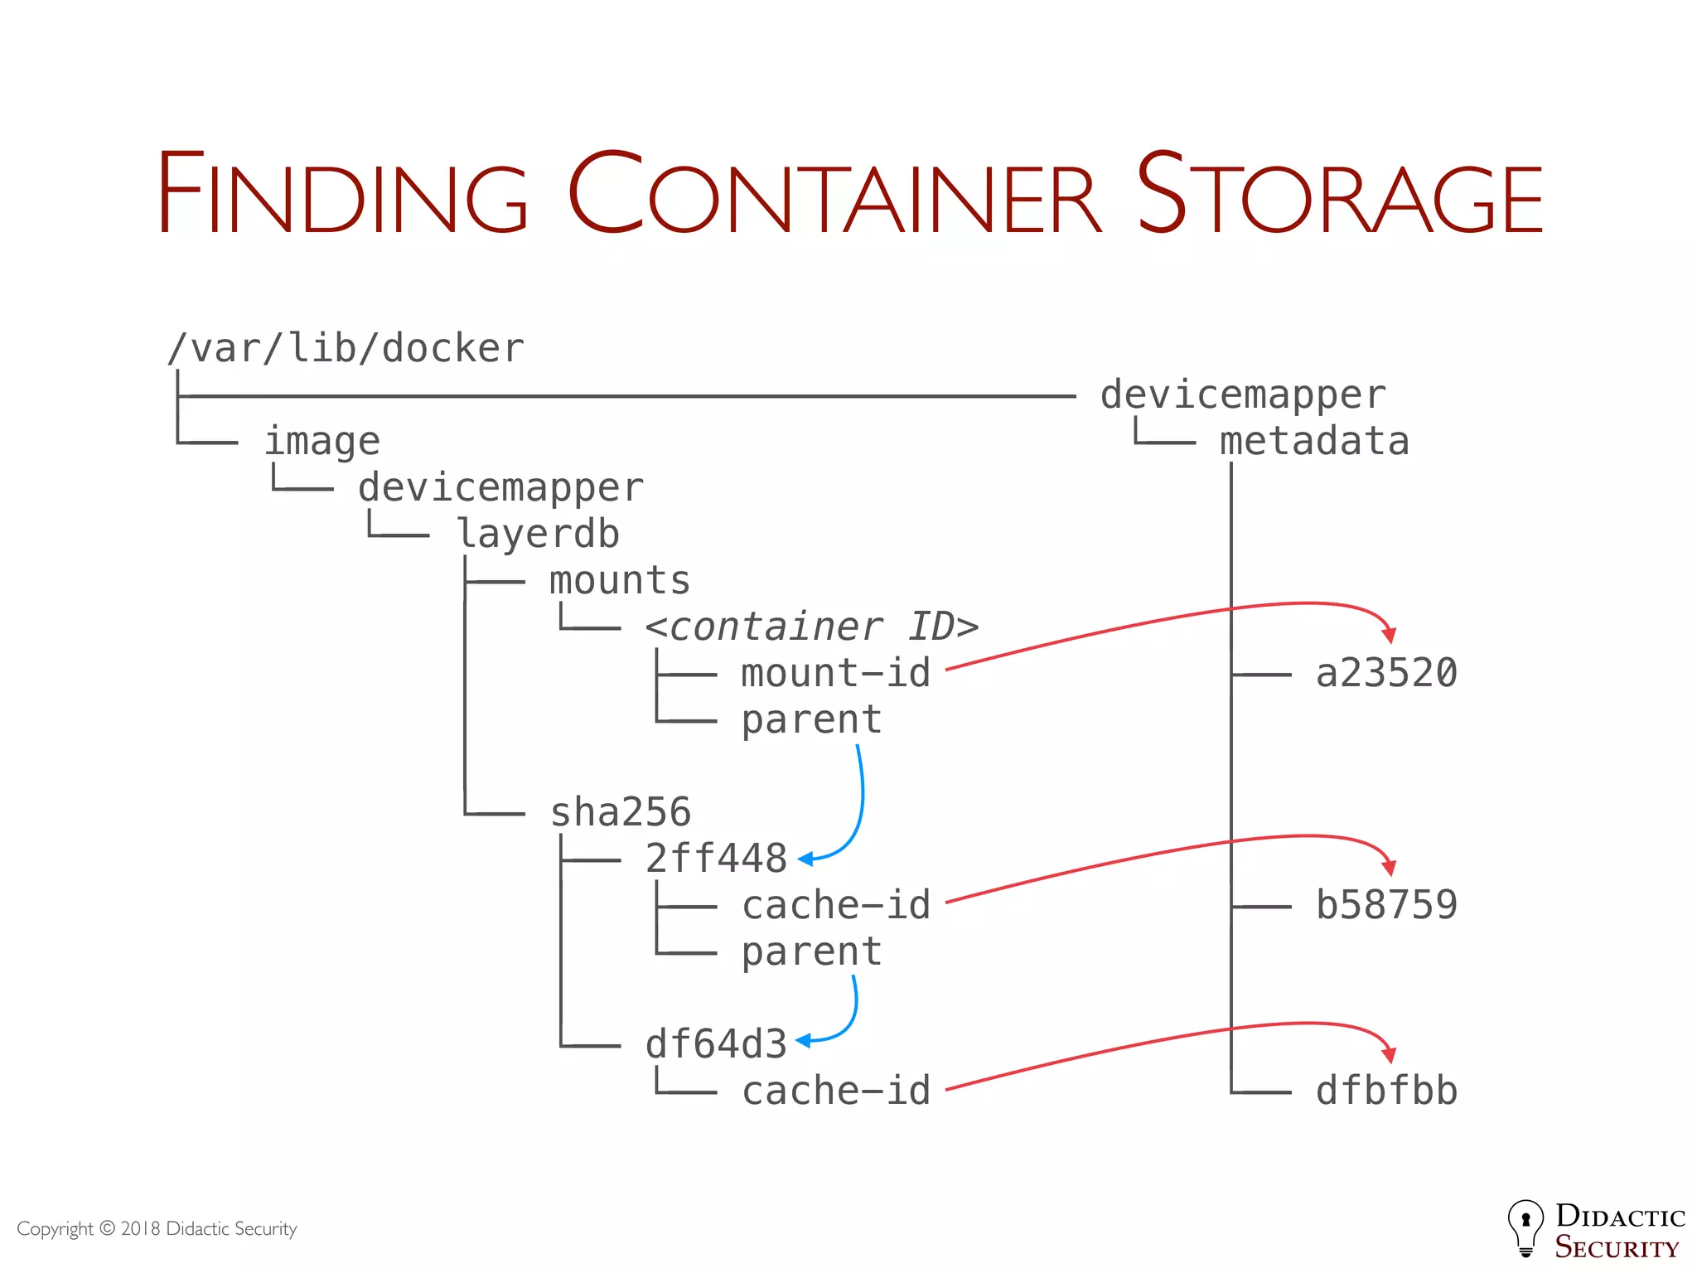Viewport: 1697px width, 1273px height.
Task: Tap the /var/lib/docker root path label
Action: point(346,349)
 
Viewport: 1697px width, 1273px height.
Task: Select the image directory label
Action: point(322,442)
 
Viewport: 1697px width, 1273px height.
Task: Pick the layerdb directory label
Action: point(539,534)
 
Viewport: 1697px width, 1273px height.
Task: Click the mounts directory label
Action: point(620,580)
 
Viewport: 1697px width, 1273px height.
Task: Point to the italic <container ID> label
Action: point(812,627)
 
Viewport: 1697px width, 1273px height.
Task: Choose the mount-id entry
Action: point(836,673)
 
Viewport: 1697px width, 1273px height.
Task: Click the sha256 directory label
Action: point(621,812)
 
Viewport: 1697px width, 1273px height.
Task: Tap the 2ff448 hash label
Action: point(716,859)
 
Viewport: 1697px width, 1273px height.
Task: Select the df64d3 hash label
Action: point(716,1044)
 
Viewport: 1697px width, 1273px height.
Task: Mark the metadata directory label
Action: point(1314,442)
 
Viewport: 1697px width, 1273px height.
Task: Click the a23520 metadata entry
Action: point(1386,673)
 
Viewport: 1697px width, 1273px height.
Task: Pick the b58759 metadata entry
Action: point(1386,905)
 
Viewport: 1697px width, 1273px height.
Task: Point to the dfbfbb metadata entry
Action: point(1386,1091)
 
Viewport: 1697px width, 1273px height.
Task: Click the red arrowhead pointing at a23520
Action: point(1390,636)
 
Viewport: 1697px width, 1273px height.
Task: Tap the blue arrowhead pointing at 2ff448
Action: point(805,859)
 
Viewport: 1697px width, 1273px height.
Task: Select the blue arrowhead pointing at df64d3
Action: point(803,1040)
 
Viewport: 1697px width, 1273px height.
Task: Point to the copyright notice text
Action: point(157,1228)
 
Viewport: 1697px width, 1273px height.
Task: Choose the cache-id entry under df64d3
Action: point(836,1091)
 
